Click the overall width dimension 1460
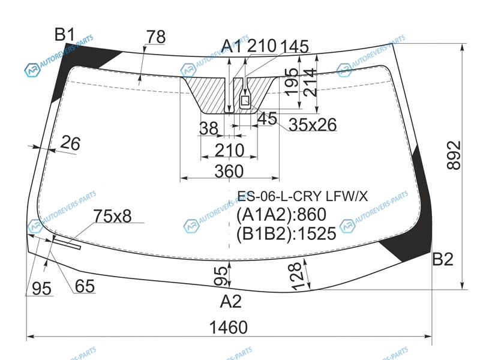point(229,327)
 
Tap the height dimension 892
point(454,155)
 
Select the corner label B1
point(65,34)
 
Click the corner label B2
point(442,259)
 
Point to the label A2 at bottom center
point(230,301)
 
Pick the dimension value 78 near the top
point(156,37)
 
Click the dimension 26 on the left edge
point(71,143)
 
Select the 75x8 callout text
point(112,216)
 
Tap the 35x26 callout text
point(313,125)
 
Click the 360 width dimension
point(229,171)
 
